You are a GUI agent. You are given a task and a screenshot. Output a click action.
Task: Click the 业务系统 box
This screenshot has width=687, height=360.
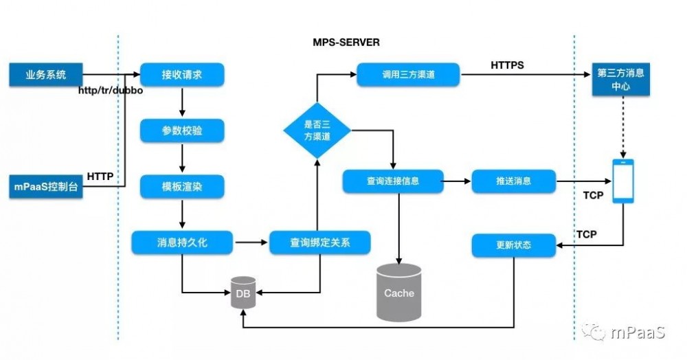(46, 75)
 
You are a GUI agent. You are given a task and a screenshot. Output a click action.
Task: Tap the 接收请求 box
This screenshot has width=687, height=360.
(182, 75)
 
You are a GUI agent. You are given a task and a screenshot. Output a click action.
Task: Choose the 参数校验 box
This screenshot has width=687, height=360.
(182, 131)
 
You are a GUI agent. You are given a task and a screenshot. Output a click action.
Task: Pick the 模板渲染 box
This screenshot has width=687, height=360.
(182, 186)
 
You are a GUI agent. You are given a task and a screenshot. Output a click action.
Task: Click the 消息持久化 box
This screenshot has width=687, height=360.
(182, 242)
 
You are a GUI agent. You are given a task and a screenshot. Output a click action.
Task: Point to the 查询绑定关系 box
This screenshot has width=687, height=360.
(319, 242)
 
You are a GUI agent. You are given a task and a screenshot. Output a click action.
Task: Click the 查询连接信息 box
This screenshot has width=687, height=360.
(392, 182)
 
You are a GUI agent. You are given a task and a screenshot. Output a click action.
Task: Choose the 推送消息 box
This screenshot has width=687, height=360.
(513, 182)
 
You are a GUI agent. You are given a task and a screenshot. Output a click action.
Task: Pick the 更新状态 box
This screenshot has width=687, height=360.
(513, 245)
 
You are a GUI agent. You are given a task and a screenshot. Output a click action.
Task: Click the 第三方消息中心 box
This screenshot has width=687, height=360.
(621, 80)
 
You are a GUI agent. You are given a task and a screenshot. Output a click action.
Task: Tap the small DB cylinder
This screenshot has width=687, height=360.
(243, 293)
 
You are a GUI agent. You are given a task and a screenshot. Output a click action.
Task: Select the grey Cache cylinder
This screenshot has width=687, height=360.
(398, 292)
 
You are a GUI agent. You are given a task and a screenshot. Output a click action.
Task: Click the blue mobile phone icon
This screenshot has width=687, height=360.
(623, 181)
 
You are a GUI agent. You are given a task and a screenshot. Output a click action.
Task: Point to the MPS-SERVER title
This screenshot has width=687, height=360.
(346, 43)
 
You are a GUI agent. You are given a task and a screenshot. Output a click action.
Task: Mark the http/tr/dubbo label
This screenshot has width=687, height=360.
(110, 91)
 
